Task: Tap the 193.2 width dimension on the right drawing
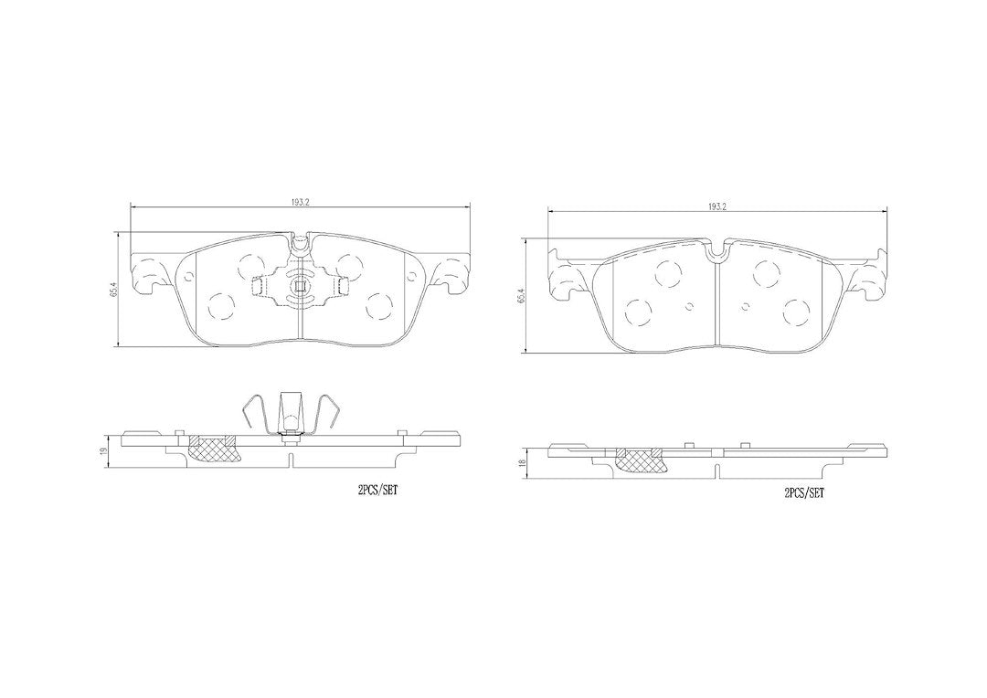(717, 206)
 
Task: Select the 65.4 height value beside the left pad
(113, 290)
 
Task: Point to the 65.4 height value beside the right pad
(519, 296)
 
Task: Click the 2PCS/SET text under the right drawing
(804, 494)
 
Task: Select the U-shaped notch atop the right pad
(716, 252)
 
